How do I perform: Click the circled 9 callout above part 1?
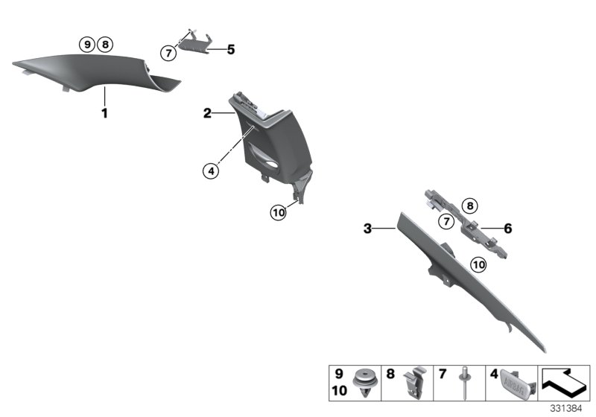click(x=88, y=45)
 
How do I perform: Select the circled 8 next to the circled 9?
click(x=105, y=45)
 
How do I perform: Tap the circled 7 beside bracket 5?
click(x=169, y=52)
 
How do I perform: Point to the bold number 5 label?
click(x=230, y=50)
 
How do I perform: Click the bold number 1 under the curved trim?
click(x=105, y=114)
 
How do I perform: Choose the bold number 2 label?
click(x=208, y=113)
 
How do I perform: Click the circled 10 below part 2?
click(x=278, y=213)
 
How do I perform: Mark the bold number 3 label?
click(x=367, y=229)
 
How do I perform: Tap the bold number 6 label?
click(x=508, y=229)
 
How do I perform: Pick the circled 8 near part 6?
click(x=468, y=206)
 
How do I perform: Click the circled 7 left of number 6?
click(x=446, y=221)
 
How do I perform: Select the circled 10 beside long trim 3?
click(x=478, y=264)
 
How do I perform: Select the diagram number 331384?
click(x=570, y=408)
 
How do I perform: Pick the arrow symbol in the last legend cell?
click(x=565, y=382)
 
